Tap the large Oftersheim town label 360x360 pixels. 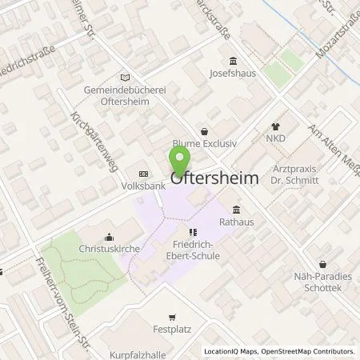pos(214,180)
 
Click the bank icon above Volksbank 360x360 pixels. pos(143,174)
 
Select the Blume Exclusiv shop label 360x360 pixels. pos(204,144)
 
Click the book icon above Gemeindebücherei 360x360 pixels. pos(124,77)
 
